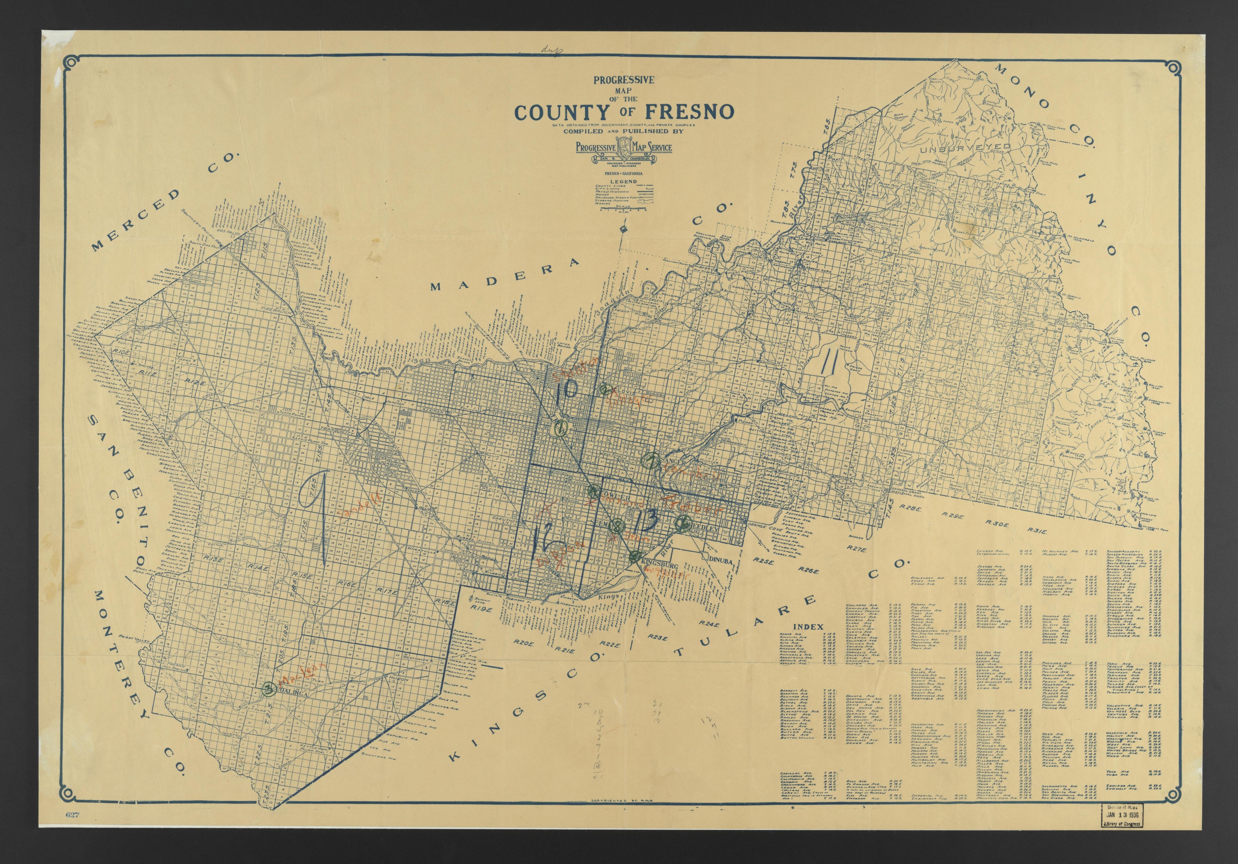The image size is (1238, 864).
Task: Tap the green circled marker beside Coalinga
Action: [x=268, y=688]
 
